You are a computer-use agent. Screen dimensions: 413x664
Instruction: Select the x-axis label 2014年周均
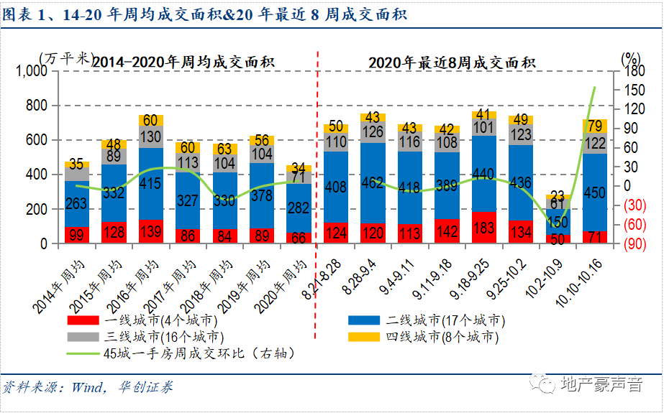click(61, 280)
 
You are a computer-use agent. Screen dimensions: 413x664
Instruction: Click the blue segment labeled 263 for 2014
click(76, 204)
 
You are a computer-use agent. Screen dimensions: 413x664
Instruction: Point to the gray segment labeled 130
click(151, 136)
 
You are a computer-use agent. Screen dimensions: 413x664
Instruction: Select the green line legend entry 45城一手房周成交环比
click(180, 353)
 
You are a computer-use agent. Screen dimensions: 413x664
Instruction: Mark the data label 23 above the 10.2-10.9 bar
click(558, 195)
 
